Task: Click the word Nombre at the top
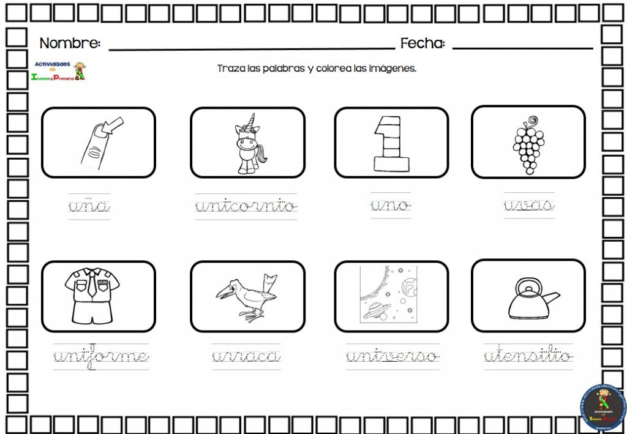pos(70,43)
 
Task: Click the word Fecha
pos(422,43)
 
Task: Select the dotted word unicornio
pos(246,206)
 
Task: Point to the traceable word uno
pos(391,206)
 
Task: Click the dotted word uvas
pos(529,206)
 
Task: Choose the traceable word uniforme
pos(101,357)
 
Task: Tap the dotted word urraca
pos(246,356)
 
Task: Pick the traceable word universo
pos(392,356)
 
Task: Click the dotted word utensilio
pos(528,356)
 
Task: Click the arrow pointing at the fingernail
pos(114,124)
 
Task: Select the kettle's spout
pos(550,299)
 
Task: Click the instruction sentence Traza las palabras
pos(317,69)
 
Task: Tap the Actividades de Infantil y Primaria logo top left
pos(58,71)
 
